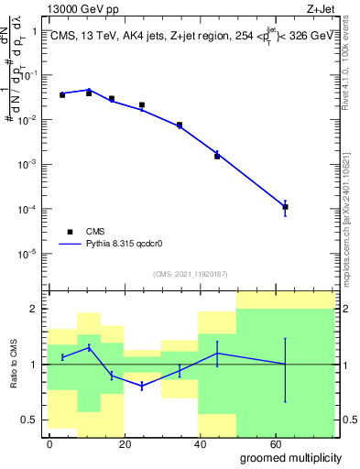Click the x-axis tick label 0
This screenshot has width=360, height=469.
click(49, 443)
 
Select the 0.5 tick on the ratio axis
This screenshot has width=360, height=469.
click(33, 420)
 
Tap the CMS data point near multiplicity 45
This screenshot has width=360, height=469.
click(217, 156)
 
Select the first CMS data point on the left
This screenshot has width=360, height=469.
click(62, 94)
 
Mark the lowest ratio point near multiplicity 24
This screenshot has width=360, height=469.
click(142, 387)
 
